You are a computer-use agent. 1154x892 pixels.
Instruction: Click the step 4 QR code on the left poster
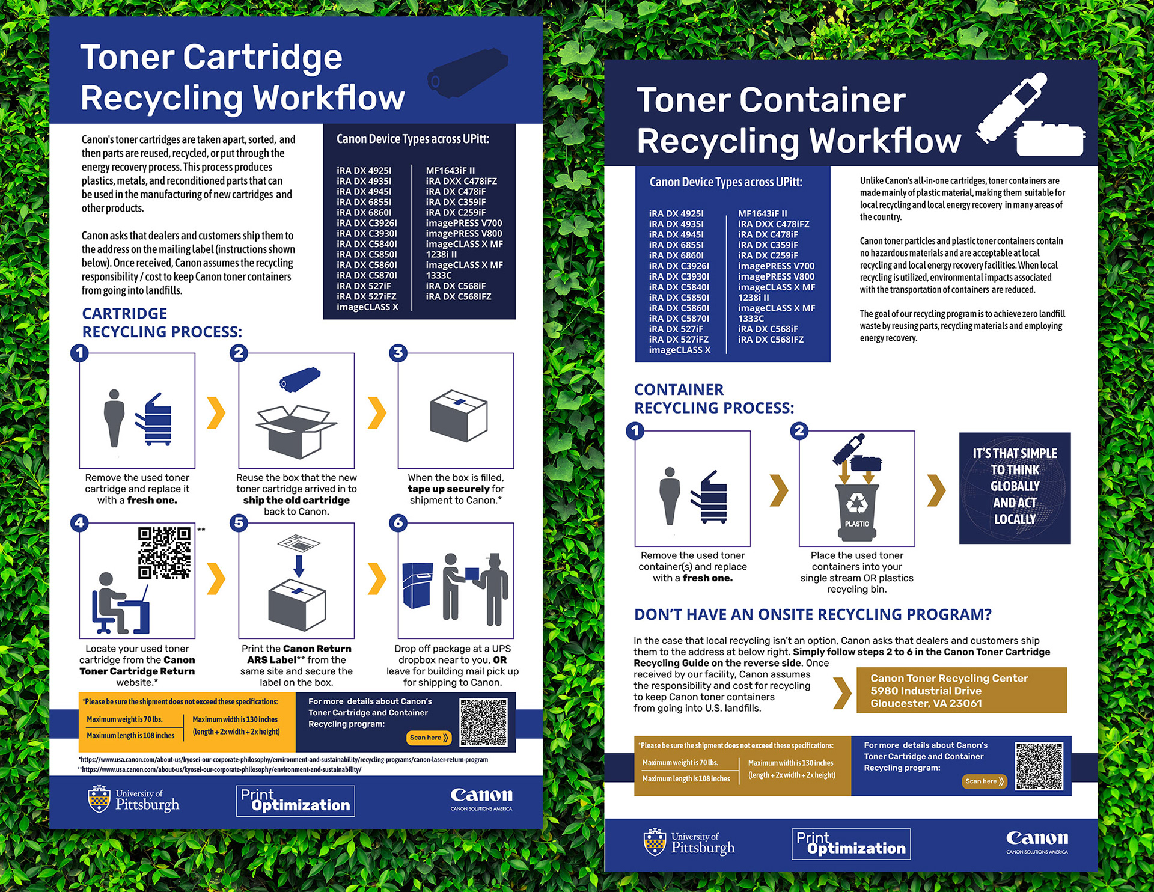click(164, 553)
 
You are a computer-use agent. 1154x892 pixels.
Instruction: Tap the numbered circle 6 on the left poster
click(398, 522)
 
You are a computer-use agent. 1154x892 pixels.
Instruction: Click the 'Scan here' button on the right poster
click(985, 781)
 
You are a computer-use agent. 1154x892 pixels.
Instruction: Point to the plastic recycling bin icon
click(856, 511)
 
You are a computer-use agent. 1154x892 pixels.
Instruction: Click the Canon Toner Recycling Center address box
click(961, 691)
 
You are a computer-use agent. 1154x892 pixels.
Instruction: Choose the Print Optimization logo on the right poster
click(850, 844)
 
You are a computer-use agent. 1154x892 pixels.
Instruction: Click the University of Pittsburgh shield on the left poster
click(99, 799)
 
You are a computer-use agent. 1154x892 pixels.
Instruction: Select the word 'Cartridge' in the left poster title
click(263, 58)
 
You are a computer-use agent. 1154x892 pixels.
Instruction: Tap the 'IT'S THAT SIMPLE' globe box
click(1015, 487)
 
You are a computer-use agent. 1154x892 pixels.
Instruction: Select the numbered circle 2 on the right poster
click(799, 430)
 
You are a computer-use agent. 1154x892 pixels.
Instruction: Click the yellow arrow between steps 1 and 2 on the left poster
click(216, 412)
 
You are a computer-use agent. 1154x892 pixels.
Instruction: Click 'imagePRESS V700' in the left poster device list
click(464, 223)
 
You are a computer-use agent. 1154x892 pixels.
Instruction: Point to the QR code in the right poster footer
click(1039, 766)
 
